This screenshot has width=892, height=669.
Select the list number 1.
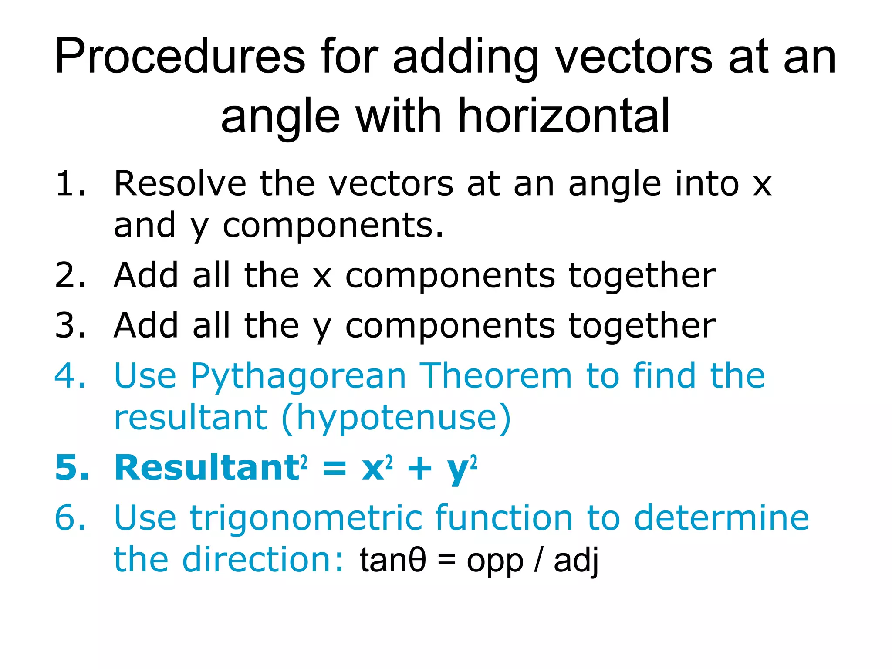point(70,184)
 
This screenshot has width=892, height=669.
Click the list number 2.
point(70,276)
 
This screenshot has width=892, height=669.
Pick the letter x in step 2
point(322,277)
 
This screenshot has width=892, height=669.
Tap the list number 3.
point(70,326)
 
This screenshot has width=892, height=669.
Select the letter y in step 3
point(322,329)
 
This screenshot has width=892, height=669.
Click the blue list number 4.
point(70,376)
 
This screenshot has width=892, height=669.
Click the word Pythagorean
point(298,377)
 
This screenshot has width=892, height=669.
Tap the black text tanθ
point(392,561)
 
